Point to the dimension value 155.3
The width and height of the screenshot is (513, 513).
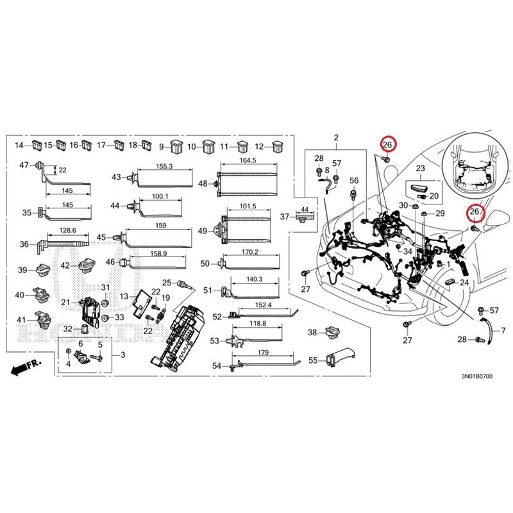click(164, 166)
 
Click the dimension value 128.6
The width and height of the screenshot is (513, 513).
click(67, 230)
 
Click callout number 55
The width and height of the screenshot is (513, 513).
click(314, 360)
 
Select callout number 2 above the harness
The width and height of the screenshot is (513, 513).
click(336, 138)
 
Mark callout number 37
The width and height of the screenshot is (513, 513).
click(285, 217)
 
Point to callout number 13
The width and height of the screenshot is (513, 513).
click(124, 296)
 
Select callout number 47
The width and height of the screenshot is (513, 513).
click(24, 165)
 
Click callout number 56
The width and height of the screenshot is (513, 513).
click(354, 180)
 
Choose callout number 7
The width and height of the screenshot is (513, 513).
click(503, 330)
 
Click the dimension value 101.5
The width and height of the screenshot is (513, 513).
click(248, 207)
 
